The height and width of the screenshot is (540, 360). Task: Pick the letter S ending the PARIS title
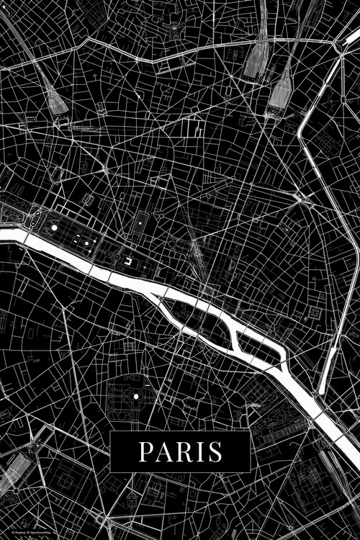pyautogui.click(x=214, y=452)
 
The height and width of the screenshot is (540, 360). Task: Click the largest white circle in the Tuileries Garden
pyautogui.click(x=53, y=228)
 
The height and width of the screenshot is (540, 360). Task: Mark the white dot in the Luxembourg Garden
pyautogui.click(x=135, y=396)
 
